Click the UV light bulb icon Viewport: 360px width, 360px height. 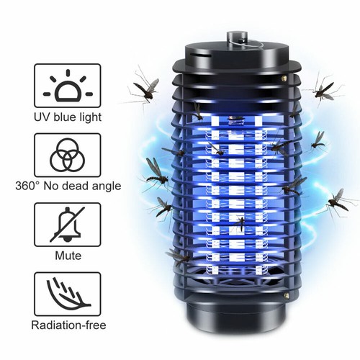pos(68,86)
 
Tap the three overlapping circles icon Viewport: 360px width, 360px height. pos(68,155)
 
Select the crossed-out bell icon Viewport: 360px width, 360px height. pos(68,225)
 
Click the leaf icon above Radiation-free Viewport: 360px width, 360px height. pos(68,294)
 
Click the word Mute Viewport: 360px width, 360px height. pos(68,256)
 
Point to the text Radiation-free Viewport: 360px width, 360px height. pos(68,325)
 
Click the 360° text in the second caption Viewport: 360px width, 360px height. pos(27,186)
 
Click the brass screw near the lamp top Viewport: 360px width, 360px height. pos(284,78)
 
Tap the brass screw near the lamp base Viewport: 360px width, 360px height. pos(286,295)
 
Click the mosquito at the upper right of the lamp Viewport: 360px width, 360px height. pos(324,90)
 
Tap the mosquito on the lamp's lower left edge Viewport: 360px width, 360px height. pos(179,257)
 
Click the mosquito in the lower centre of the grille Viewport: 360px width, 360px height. pos(240,222)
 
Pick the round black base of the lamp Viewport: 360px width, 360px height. pos(236,315)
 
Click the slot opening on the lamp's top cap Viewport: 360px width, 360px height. pos(203,56)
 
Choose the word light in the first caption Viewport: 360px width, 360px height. pos(90,117)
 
